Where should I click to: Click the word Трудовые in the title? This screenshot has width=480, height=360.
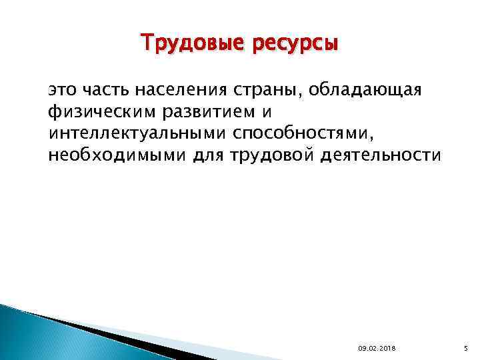(185, 43)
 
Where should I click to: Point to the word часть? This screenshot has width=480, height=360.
(105, 90)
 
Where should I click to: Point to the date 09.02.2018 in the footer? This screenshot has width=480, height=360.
(377, 349)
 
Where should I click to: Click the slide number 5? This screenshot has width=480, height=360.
(466, 349)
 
